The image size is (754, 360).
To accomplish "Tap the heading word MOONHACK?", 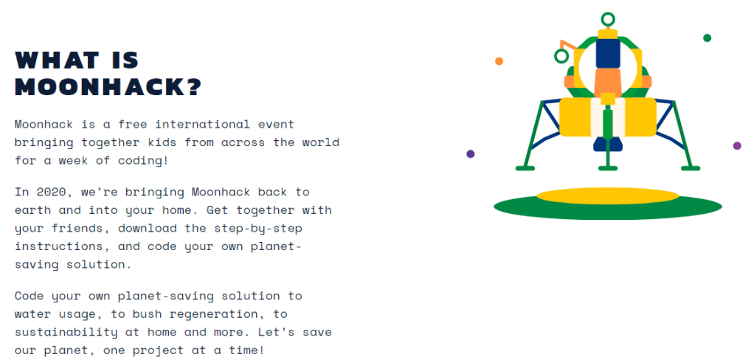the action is click(x=108, y=88).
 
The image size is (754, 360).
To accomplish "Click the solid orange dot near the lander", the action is click(x=499, y=61).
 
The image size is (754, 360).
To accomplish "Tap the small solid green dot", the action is click(x=707, y=38).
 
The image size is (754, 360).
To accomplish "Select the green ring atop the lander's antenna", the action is click(x=608, y=19).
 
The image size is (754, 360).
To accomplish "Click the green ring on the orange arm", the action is click(x=561, y=56).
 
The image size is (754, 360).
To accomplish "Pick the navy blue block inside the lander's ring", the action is click(x=608, y=53).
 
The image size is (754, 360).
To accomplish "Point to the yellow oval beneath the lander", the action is click(x=608, y=195).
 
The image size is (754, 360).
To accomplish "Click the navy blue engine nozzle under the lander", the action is click(x=608, y=144).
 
